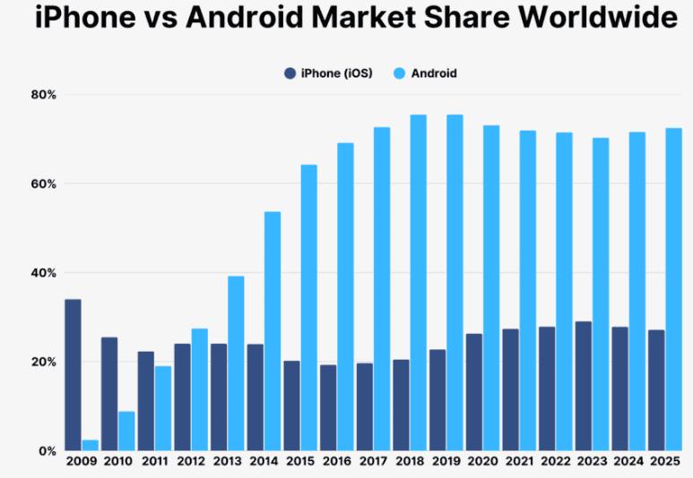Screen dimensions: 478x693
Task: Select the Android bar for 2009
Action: [90, 445]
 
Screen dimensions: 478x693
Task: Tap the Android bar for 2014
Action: [273, 330]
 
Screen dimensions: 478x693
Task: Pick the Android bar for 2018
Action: [419, 282]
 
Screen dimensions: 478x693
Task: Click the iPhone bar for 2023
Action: [583, 386]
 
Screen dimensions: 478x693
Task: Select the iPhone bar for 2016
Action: [328, 407]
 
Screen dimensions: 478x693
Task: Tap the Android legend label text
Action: [434, 73]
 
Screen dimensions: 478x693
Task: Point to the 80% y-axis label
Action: [42, 94]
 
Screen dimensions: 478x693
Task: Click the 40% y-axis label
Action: [42, 272]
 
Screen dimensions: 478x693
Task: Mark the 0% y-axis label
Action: [47, 450]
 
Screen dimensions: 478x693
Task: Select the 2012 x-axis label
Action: [191, 462]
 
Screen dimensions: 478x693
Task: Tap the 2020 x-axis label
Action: [483, 462]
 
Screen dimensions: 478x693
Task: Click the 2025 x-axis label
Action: [665, 462]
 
